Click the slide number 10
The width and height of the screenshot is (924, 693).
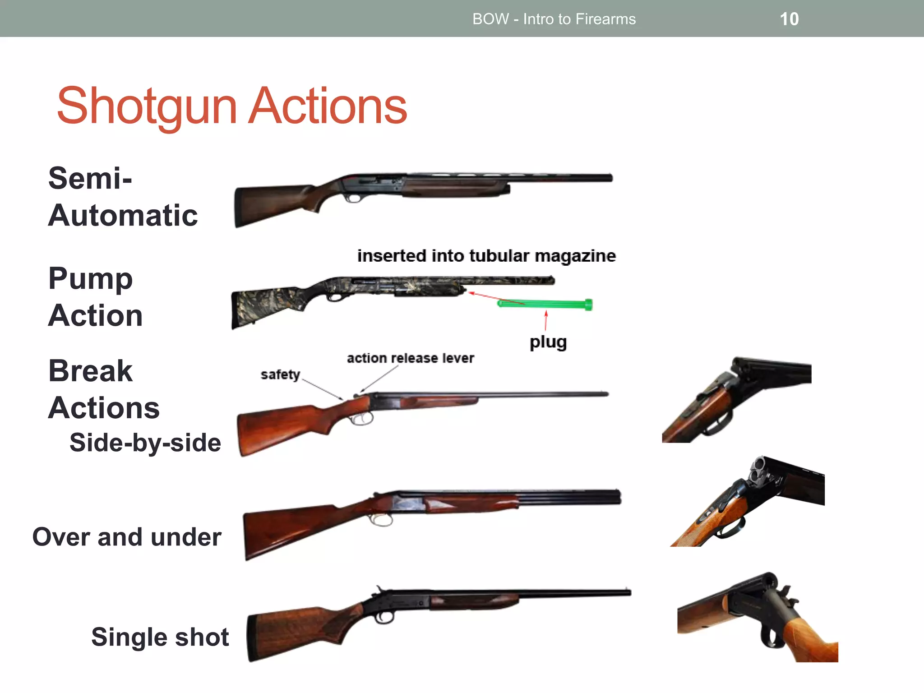coord(789,19)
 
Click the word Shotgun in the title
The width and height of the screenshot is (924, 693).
coord(147,106)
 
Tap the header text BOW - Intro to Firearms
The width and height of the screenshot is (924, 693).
coord(554,19)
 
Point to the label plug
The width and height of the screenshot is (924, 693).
coord(548,342)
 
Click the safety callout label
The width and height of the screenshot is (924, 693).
coord(280,374)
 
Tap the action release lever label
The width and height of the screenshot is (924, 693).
coord(410,358)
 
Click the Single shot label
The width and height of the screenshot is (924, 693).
coord(160,637)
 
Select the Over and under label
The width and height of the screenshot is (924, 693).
coord(127,537)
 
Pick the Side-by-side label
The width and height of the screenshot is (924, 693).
coord(145,442)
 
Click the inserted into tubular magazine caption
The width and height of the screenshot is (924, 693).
coord(486,256)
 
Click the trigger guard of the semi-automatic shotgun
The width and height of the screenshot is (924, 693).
coord(353,198)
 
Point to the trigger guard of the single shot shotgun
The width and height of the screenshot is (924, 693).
coord(384,618)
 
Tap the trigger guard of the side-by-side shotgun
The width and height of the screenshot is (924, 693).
coord(361,419)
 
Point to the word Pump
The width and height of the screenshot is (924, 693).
coord(90,278)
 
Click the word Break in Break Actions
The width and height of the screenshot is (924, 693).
coord(90,371)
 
